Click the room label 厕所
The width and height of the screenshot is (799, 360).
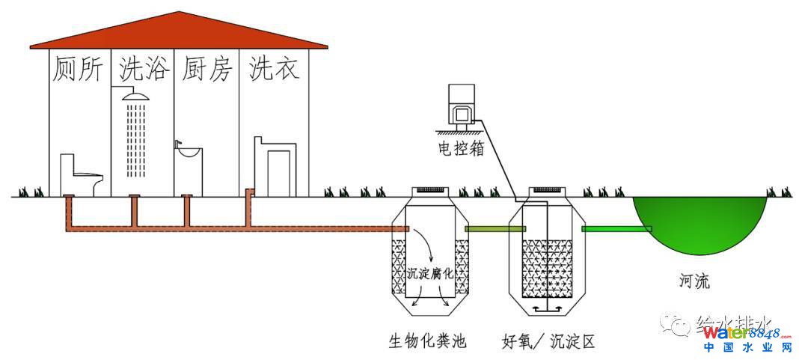79,70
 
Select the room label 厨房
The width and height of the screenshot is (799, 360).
207,70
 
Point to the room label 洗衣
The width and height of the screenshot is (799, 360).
274,70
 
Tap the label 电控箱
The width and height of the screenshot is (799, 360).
461,148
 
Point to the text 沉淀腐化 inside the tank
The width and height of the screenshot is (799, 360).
431,274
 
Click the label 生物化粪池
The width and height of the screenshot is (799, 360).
427,342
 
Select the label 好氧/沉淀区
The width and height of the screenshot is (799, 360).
548,342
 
